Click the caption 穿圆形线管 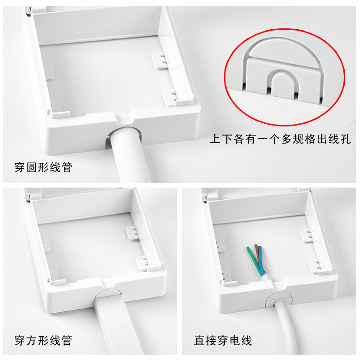[x=43, y=167]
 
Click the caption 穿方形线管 [x=43, y=340]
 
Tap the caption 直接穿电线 [x=223, y=340]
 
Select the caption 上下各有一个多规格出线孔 [x=280, y=139]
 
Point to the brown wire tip [x=256, y=246]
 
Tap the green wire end [x=248, y=248]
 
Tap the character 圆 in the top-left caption [x=31, y=167]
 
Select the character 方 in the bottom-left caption [x=31, y=340]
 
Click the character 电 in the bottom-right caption [x=234, y=340]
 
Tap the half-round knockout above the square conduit [x=108, y=294]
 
